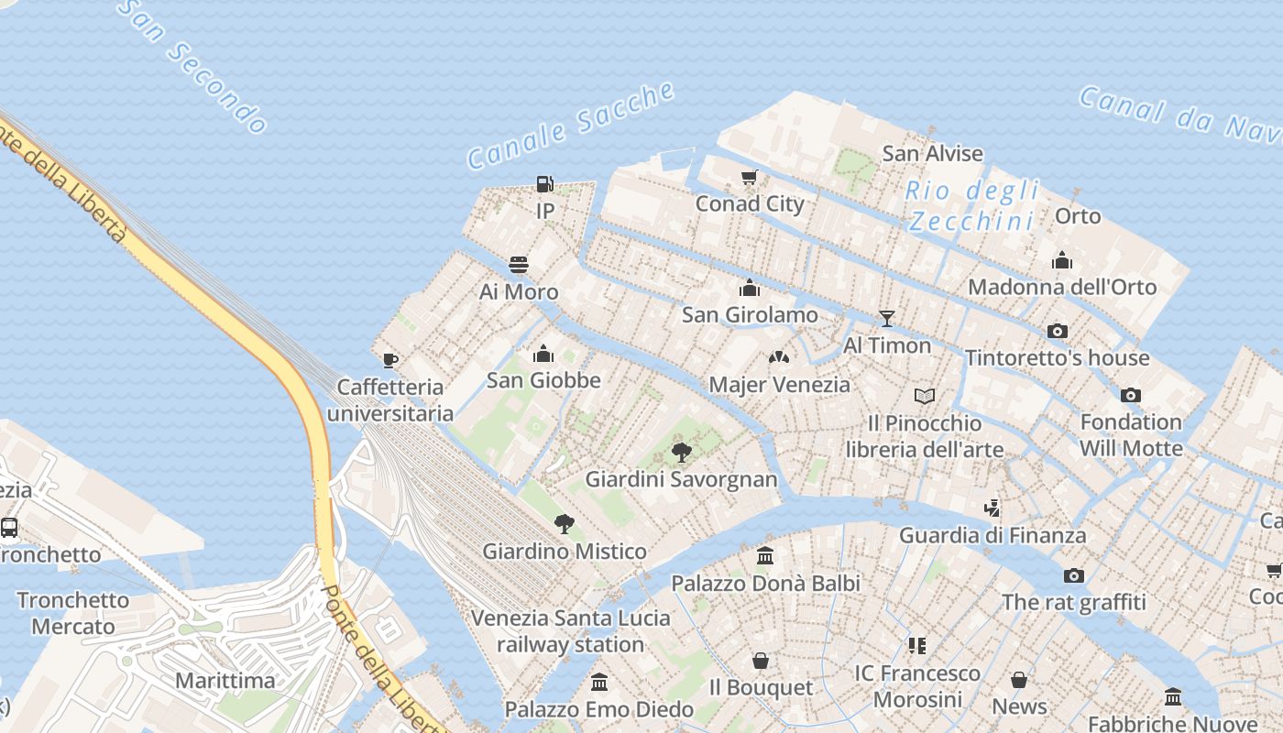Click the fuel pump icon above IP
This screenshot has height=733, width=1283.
(544, 184)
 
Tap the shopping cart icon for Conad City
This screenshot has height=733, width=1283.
(750, 178)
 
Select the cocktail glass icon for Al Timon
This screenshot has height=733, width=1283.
(886, 318)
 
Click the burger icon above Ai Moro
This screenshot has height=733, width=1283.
(519, 266)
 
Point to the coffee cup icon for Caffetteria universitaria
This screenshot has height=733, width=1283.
(389, 360)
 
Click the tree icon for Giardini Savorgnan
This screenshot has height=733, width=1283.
(681, 452)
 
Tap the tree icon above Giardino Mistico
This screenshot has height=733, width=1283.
(565, 524)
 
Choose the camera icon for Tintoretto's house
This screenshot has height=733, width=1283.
(1057, 331)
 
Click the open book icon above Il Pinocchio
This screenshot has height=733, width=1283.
(925, 396)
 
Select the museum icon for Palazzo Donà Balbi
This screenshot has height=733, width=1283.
(765, 556)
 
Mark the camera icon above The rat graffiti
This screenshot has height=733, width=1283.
(1073, 575)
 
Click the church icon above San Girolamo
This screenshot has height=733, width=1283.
(750, 288)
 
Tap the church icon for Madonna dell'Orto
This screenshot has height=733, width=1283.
(1062, 260)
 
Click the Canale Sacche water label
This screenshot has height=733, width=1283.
(571, 126)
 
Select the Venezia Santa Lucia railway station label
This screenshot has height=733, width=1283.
(570, 630)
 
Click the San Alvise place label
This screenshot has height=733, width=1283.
(932, 153)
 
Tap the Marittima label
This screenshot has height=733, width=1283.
(225, 680)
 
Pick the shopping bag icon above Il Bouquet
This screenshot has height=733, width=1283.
(761, 661)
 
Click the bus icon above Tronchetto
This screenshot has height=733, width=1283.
(9, 528)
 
